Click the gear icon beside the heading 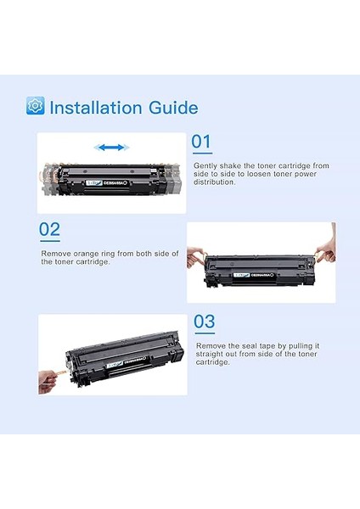click(35, 106)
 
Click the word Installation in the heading click(97, 108)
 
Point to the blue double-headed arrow click(110, 148)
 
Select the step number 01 click(201, 142)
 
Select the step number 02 click(50, 229)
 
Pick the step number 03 click(205, 322)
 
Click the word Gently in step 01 click(205, 165)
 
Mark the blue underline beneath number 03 click(205, 333)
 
